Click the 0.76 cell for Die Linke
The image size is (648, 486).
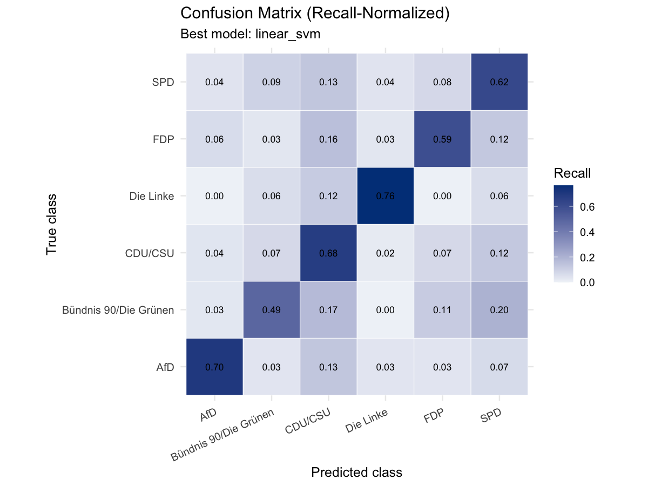point(385,195)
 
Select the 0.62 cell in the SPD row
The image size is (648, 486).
point(499,82)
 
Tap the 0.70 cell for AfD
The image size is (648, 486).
point(214,367)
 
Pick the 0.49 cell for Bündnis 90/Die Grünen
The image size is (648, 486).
point(271,310)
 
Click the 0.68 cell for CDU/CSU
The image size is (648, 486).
point(328,253)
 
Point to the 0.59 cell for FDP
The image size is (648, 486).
point(442,139)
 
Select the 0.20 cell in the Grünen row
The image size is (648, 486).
point(499,310)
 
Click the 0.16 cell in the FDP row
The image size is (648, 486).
point(328,139)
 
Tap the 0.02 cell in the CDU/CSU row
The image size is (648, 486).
point(385,253)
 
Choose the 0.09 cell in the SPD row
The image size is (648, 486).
point(271,82)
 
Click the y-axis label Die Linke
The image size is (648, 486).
point(151,196)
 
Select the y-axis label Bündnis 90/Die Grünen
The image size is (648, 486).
point(118,310)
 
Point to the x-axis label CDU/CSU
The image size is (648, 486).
point(307,421)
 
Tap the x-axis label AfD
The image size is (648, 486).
point(208,415)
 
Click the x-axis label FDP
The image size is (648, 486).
point(434,415)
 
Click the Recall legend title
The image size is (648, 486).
point(572,173)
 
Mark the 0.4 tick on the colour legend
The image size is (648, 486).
point(587,232)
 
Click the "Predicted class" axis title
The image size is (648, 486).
point(356,473)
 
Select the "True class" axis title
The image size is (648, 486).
point(51,224)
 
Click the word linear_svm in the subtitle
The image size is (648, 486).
point(287,34)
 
